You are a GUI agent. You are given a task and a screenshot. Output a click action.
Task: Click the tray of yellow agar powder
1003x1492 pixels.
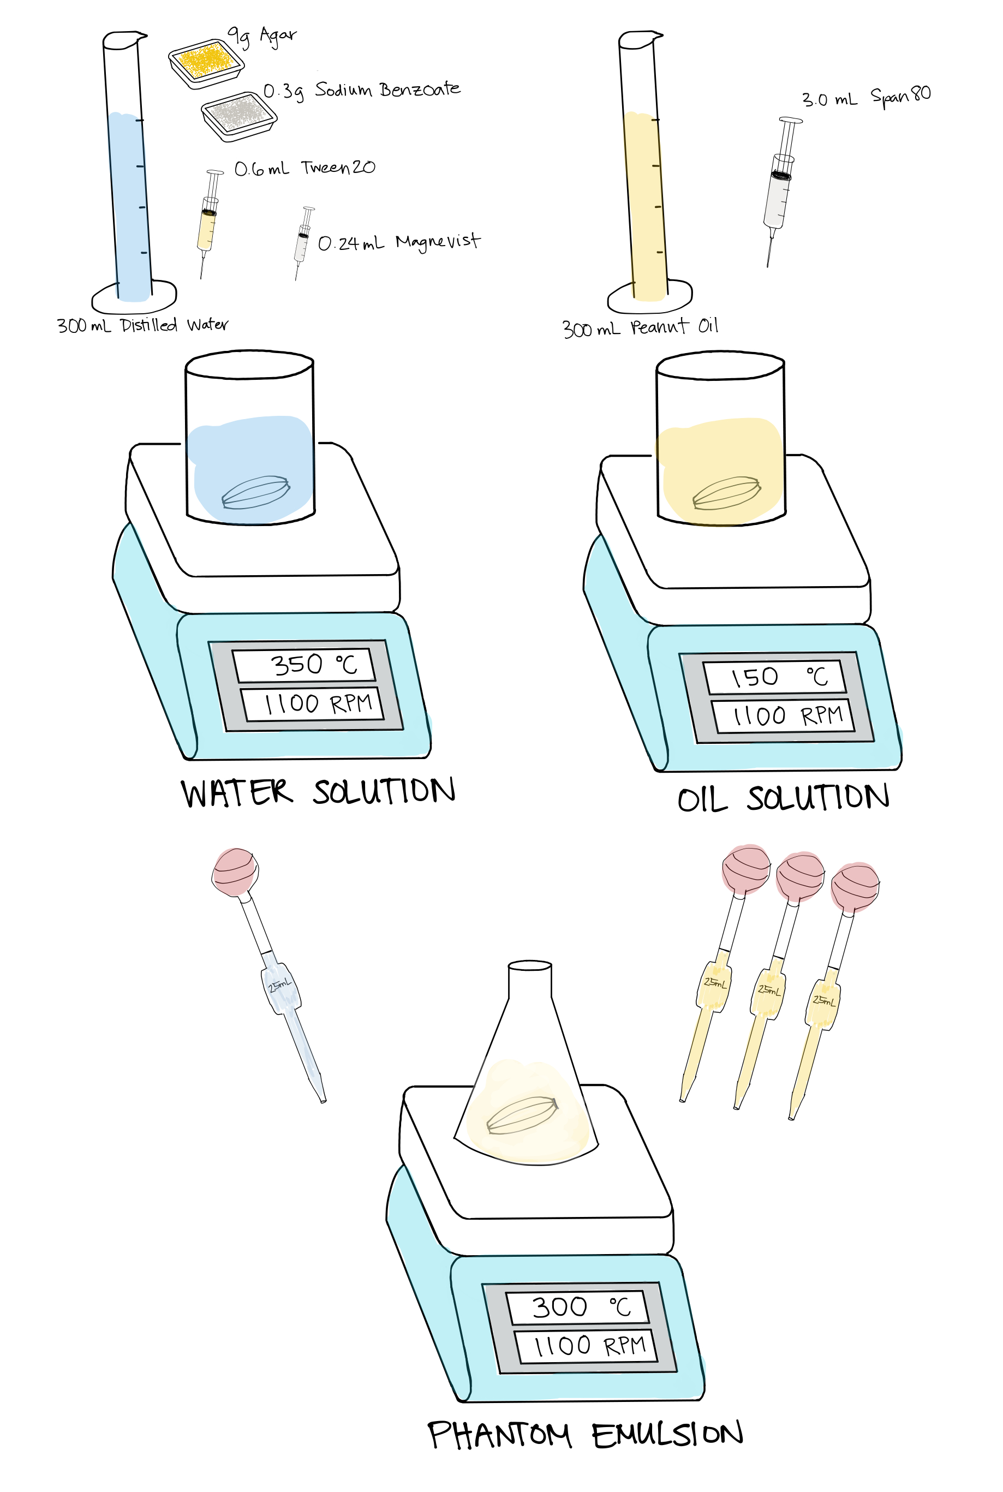coord(207,63)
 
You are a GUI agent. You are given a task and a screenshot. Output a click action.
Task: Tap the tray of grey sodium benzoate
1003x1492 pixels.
coord(238,116)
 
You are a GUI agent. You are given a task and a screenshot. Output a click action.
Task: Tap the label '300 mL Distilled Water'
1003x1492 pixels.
coord(142,325)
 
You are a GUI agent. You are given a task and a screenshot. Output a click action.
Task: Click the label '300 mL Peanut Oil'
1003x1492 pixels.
coord(640,327)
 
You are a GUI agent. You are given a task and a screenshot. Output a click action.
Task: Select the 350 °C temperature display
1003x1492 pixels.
coord(303,665)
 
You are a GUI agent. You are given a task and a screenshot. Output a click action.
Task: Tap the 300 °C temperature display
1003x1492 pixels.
coord(577,1307)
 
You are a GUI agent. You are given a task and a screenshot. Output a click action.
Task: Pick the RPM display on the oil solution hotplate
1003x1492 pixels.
coord(783,715)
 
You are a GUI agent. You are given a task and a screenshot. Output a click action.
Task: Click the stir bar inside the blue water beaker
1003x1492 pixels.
coord(256,492)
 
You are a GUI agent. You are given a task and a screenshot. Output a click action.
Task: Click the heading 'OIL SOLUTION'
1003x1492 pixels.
coord(783,798)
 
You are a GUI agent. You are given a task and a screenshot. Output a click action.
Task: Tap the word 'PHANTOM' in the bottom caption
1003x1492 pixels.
coord(499,1435)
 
